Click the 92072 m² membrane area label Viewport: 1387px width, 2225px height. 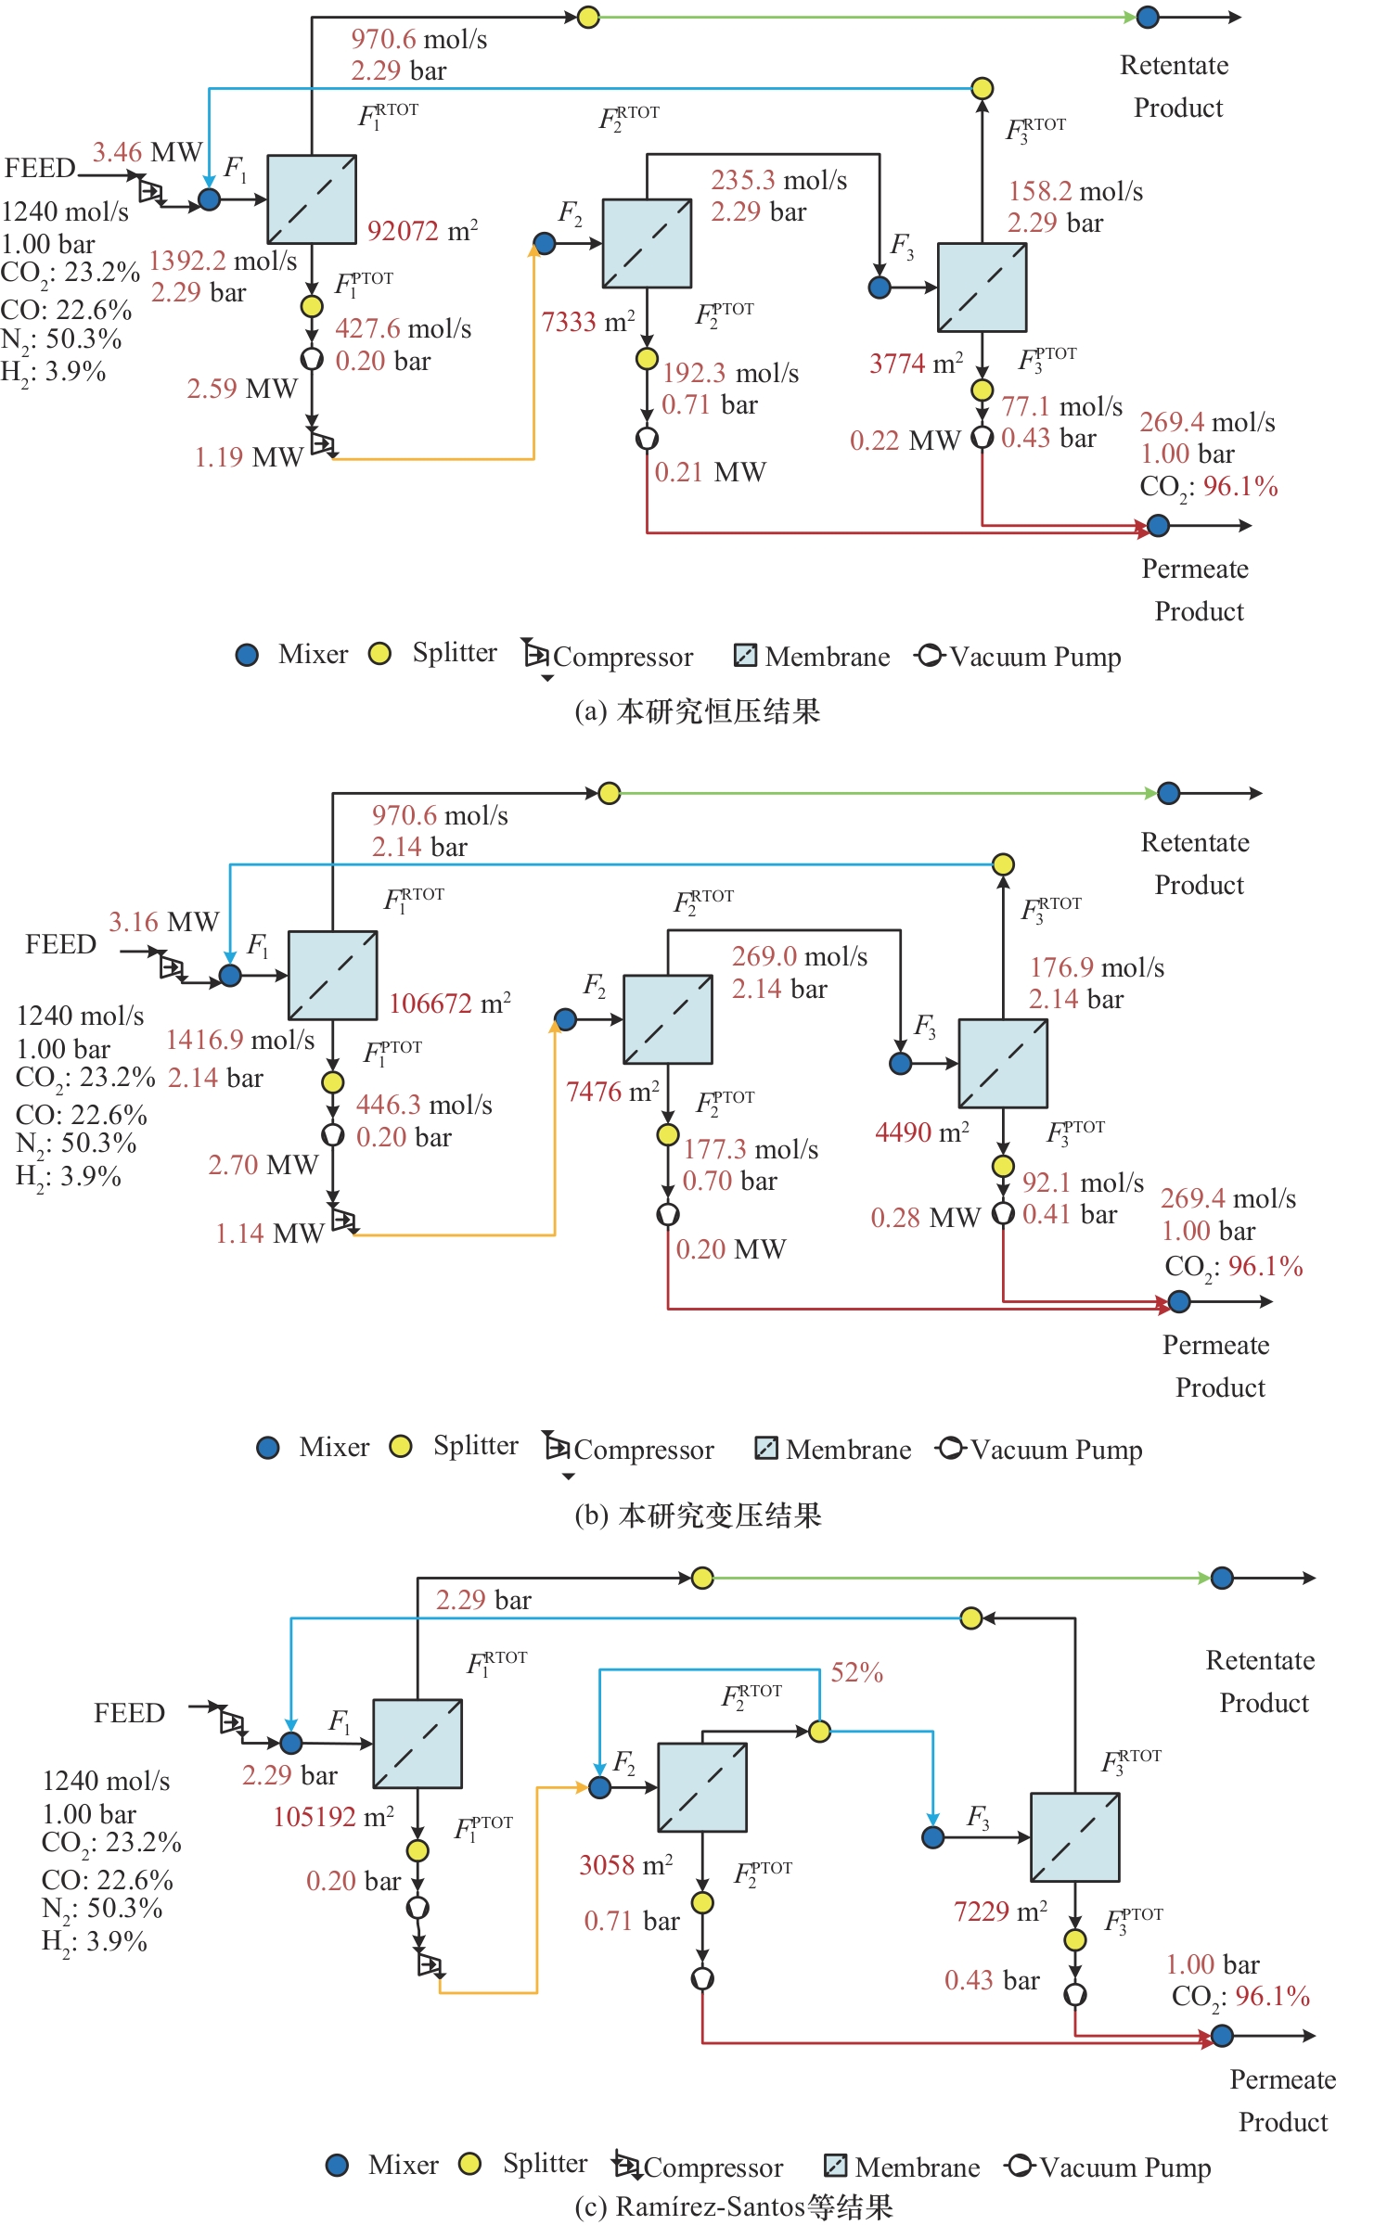(x=422, y=230)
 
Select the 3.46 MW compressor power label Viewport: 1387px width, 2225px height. (x=147, y=152)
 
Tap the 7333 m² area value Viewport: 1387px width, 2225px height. (x=588, y=322)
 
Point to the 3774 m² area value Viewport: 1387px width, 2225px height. (x=916, y=364)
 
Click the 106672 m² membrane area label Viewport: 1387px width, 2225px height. (x=450, y=1003)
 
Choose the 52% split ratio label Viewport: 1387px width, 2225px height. (x=856, y=1672)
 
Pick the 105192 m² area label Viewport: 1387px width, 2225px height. (x=333, y=1816)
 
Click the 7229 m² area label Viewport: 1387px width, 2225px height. (x=1000, y=1911)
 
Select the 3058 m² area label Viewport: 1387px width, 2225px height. (x=625, y=1864)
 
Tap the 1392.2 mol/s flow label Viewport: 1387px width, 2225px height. (x=223, y=261)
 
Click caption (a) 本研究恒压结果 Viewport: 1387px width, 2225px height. (x=698, y=711)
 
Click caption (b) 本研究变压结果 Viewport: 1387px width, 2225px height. (x=698, y=1515)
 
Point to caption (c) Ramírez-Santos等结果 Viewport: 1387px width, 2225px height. (x=733, y=2206)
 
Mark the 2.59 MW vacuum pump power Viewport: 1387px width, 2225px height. (x=241, y=389)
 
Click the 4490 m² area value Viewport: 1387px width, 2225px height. (x=922, y=1132)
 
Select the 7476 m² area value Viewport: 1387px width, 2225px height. (x=612, y=1092)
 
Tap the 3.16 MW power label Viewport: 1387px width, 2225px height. (x=163, y=922)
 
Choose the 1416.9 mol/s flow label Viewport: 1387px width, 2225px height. (x=240, y=1040)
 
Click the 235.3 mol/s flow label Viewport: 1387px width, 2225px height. (x=778, y=180)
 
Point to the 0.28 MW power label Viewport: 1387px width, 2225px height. (x=925, y=1218)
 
